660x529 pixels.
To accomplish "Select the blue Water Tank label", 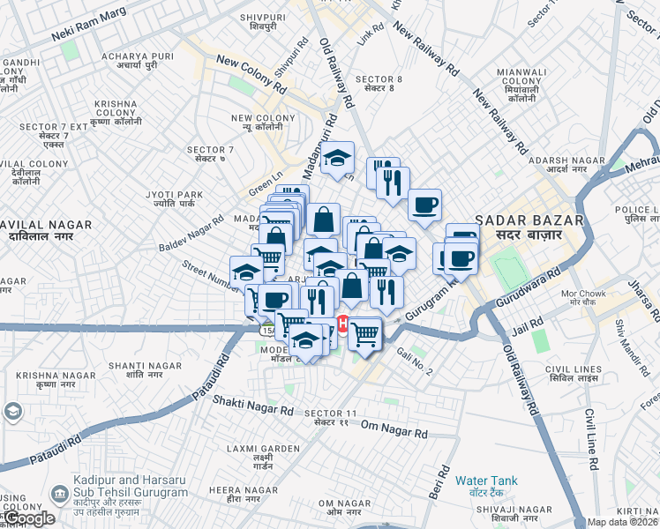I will pos(486,481).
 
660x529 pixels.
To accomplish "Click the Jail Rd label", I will pos(526,327).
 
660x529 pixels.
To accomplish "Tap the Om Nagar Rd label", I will pos(394,433).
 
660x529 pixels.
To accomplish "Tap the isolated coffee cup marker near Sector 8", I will pos(424,205).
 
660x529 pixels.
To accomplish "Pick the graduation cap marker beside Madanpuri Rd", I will pos(336,157).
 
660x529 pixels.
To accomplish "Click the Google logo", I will pos(28,518).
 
